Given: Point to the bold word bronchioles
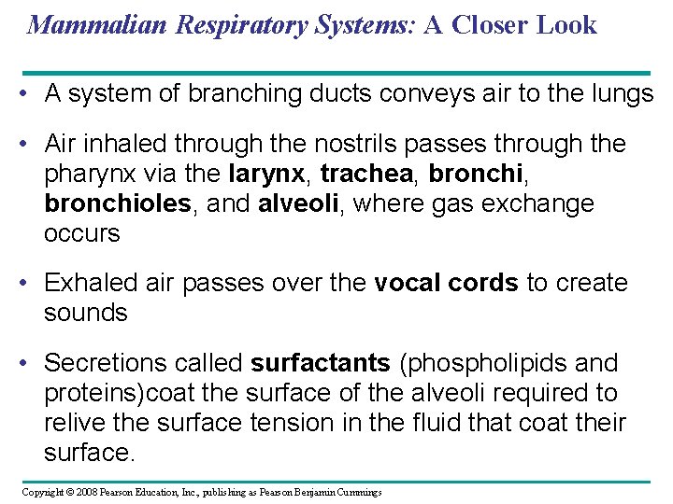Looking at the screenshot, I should (x=117, y=203).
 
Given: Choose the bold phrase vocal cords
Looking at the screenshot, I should (x=446, y=283).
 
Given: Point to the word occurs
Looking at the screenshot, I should (x=82, y=233).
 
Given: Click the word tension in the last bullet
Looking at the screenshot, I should (x=281, y=422).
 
